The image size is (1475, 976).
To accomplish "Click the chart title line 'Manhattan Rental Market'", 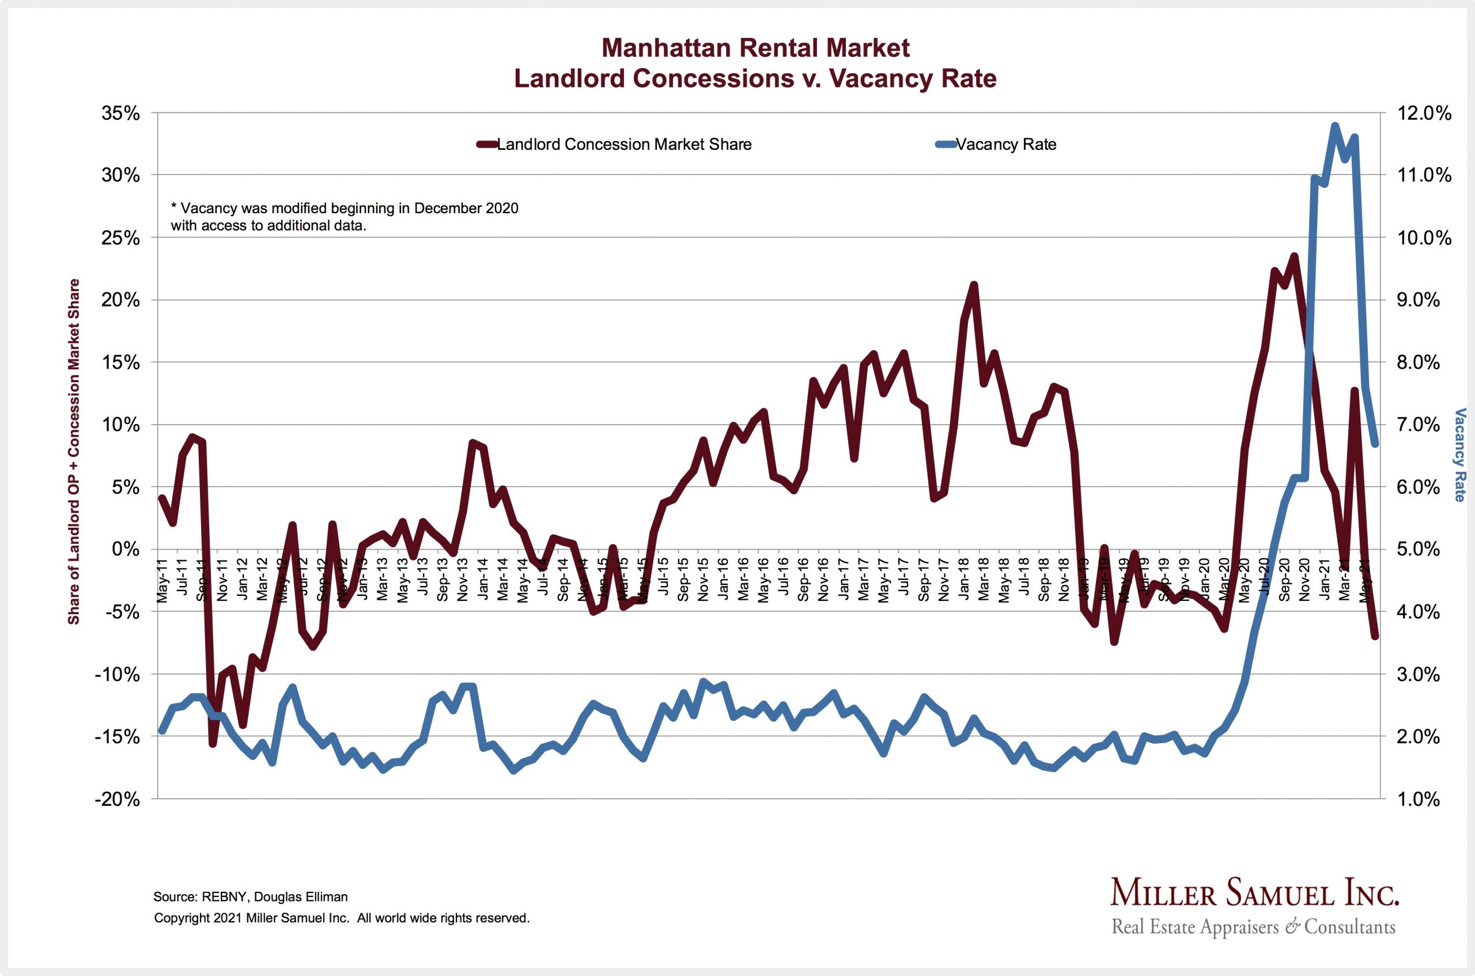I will point(755,48).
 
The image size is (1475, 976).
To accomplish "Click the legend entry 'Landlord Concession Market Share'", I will point(623,145).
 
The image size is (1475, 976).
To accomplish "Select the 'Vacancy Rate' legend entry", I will point(1005,145).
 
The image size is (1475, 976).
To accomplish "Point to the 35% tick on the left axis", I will point(121,114).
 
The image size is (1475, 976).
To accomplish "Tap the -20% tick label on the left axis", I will point(117,799).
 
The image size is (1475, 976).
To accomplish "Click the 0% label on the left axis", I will point(126,550).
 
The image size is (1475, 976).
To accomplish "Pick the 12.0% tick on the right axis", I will point(1424,114).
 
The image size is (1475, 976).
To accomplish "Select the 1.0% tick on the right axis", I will point(1419,799).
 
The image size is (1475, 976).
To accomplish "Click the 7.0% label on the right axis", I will point(1419,425).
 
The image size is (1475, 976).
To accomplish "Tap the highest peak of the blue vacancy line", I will point(1335,126).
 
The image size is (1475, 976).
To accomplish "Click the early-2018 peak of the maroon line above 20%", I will point(974,285).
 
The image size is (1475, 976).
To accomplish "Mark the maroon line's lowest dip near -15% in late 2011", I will point(213,743).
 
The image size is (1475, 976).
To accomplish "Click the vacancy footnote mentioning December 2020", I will point(344,217).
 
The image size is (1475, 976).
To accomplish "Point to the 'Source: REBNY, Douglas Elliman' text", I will point(250,897).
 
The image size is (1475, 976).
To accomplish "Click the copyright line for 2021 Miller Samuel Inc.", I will point(342,918).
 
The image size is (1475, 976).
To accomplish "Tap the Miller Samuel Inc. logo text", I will point(1254,894).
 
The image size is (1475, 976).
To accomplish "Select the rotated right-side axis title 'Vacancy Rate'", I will point(1459,455).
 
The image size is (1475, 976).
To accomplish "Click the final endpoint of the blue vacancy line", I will point(1375,444).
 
